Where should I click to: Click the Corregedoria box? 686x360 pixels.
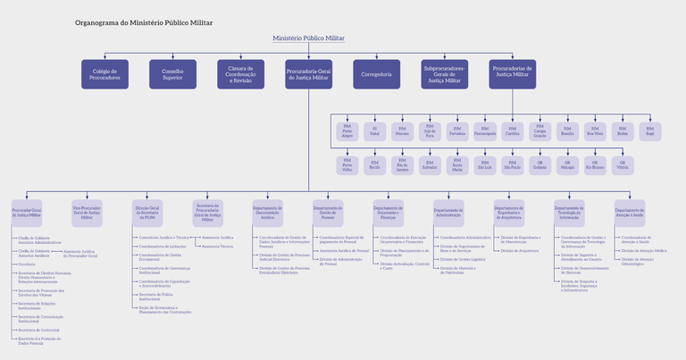(x=376, y=74)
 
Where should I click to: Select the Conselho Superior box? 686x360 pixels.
(x=172, y=74)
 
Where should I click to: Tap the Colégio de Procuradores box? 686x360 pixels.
(x=105, y=74)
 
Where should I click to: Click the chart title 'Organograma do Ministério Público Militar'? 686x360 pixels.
(x=144, y=21)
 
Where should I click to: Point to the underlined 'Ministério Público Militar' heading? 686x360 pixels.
(x=308, y=38)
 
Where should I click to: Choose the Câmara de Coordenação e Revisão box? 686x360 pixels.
(x=240, y=74)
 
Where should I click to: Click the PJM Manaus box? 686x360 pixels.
(x=402, y=131)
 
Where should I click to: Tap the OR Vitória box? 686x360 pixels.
(x=623, y=165)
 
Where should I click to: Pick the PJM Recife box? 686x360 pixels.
(x=374, y=165)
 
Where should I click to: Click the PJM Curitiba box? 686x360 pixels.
(x=512, y=131)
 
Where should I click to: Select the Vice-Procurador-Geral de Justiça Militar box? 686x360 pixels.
(x=88, y=213)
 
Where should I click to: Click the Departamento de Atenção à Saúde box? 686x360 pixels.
(x=630, y=212)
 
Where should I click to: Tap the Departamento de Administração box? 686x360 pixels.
(x=448, y=212)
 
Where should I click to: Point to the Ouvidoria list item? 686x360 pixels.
(x=27, y=264)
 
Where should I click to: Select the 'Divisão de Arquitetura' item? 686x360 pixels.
(x=521, y=251)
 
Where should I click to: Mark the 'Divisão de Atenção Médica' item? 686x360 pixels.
(x=644, y=251)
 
